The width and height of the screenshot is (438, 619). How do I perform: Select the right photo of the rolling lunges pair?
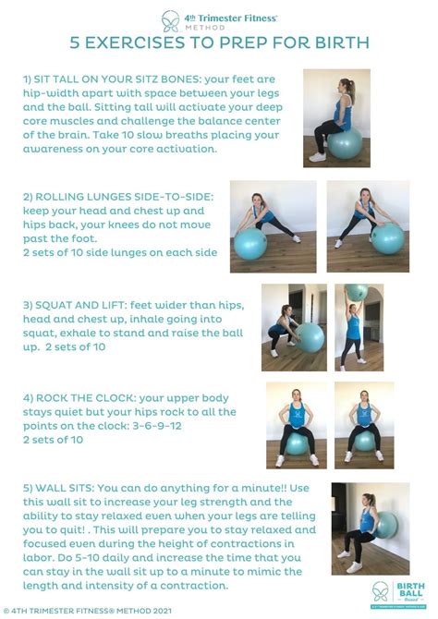(368, 225)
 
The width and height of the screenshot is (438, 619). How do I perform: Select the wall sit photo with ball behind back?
(370, 528)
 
